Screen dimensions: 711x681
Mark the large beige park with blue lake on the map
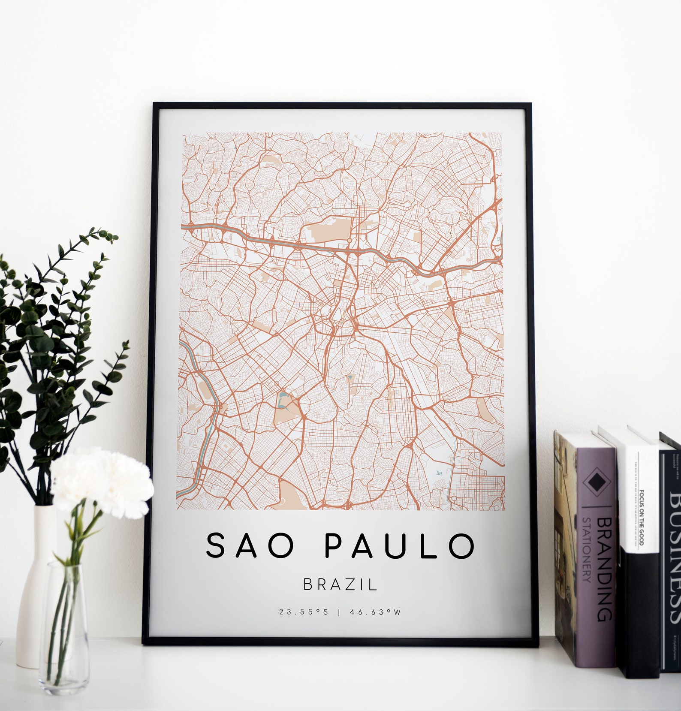[x=286, y=410]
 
